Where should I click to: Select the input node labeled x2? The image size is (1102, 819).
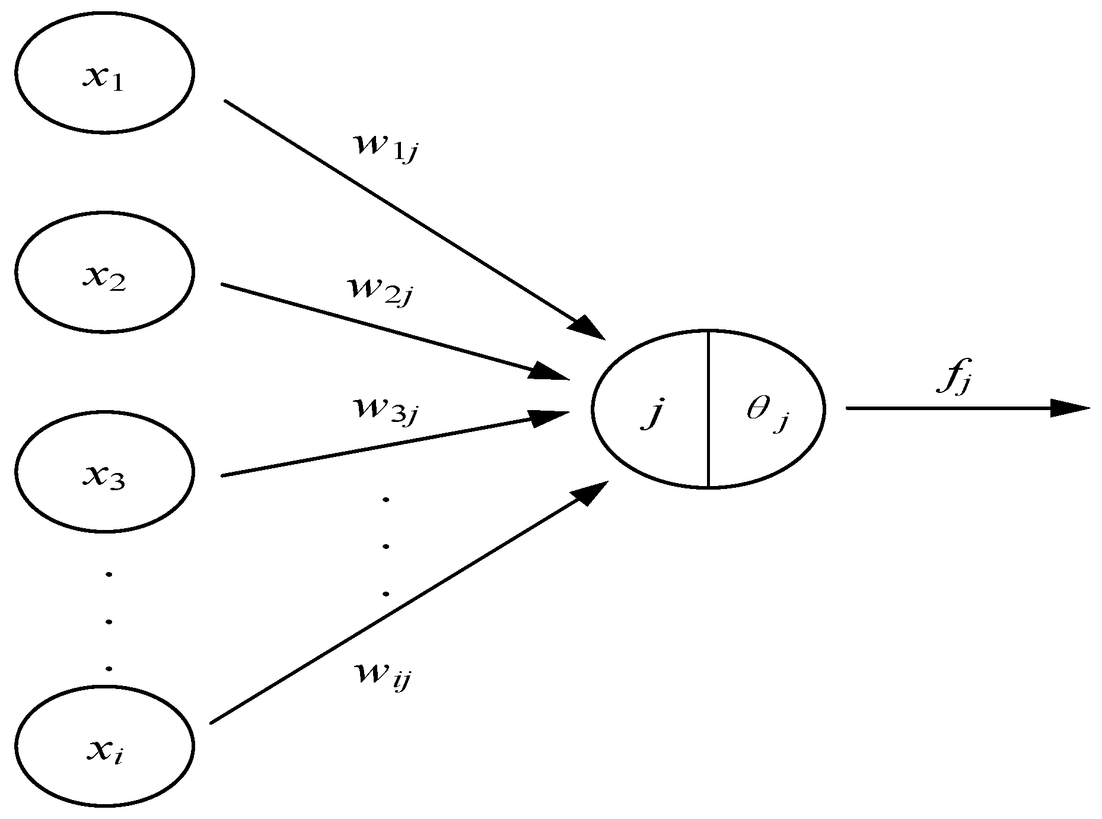(104, 272)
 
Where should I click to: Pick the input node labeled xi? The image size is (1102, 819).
(104, 745)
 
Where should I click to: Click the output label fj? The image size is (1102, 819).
(953, 382)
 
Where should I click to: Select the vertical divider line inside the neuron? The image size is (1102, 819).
(709, 408)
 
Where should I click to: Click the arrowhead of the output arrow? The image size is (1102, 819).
(1071, 408)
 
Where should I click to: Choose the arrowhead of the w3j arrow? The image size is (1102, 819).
(549, 417)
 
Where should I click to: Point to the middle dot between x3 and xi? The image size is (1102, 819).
(109, 621)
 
